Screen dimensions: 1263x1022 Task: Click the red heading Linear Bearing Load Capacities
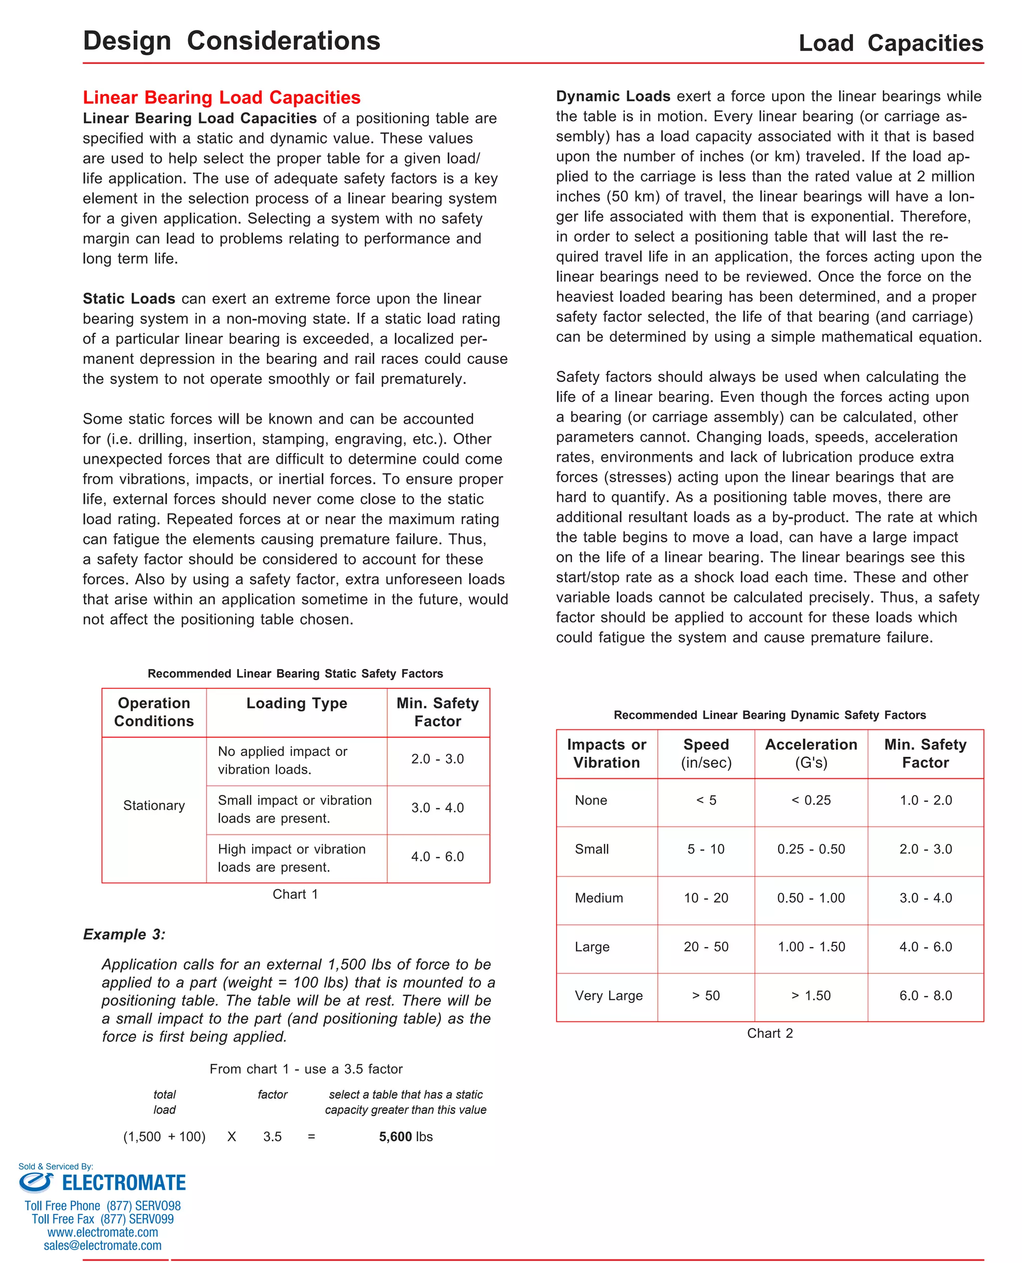[x=222, y=97]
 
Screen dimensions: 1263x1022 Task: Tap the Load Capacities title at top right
[x=890, y=43]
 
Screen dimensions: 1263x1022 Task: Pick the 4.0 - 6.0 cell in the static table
[x=438, y=856]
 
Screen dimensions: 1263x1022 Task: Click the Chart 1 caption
[x=295, y=894]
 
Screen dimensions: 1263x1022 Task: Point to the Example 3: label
[x=124, y=934]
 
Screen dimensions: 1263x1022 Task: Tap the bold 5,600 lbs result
[x=406, y=1136]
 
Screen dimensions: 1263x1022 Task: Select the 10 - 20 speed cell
[x=705, y=898]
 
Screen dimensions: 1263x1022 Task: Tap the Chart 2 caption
[x=769, y=1033]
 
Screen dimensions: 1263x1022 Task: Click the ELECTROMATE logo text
[x=124, y=1183]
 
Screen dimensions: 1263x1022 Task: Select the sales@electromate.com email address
[x=102, y=1246]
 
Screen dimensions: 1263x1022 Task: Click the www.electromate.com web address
[x=102, y=1233]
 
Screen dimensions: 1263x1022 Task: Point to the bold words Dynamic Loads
[x=613, y=96]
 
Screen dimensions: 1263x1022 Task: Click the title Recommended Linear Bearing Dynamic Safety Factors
[x=769, y=715]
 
